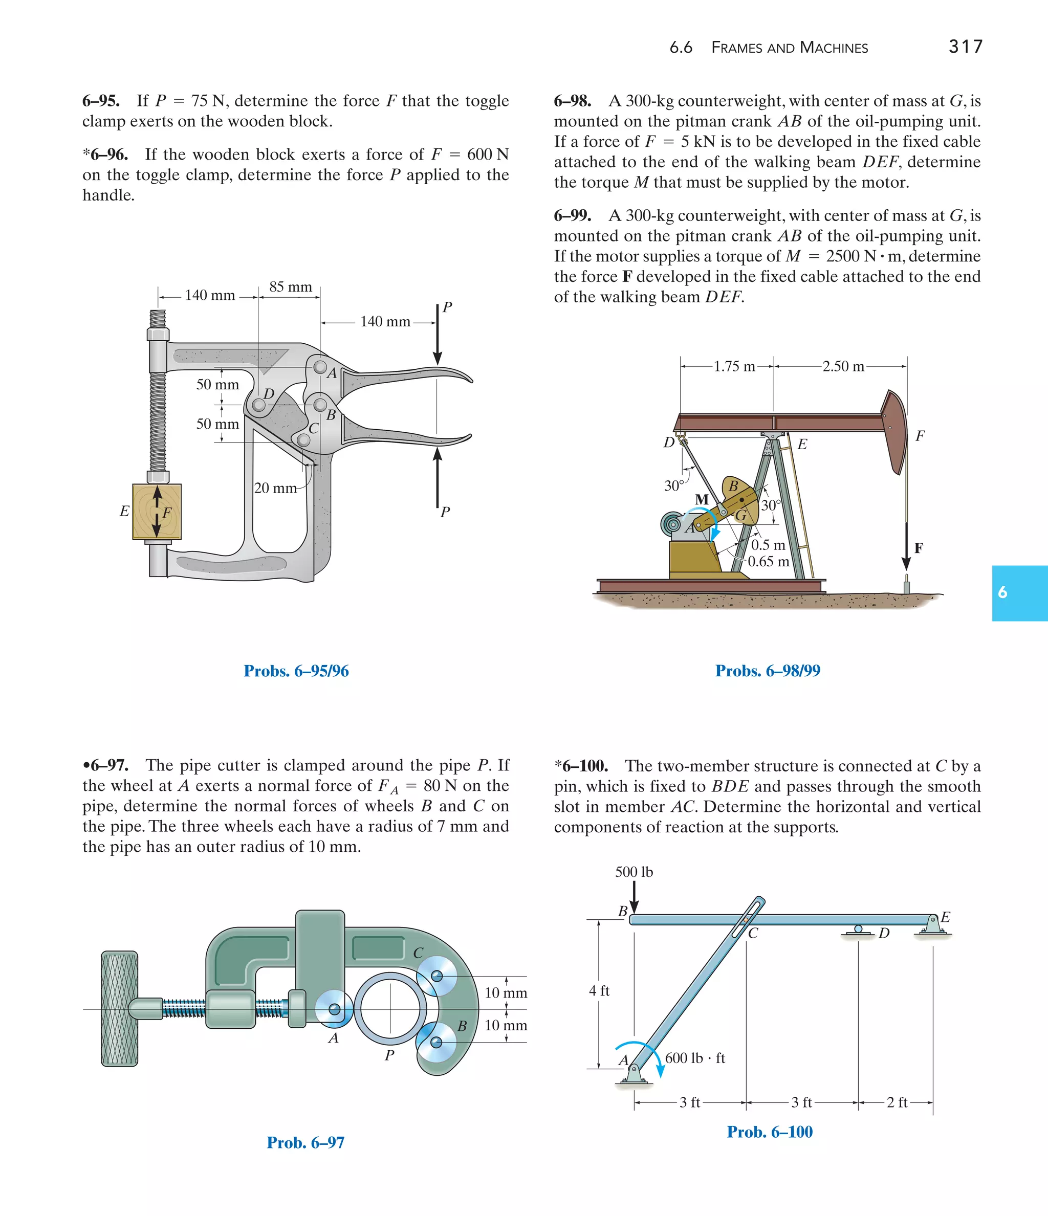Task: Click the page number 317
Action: [965, 47]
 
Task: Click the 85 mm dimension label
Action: [291, 287]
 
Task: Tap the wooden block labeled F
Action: [157, 511]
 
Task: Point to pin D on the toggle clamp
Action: [259, 404]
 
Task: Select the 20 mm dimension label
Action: [275, 488]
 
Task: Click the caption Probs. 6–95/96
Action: [296, 671]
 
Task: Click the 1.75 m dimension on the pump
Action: [734, 367]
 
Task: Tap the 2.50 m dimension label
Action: [843, 367]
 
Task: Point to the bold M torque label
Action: [702, 499]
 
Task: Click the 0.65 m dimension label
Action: [768, 562]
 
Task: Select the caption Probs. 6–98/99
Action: [768, 671]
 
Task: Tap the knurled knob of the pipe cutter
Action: [120, 1008]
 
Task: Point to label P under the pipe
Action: [389, 1055]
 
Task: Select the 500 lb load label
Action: [634, 872]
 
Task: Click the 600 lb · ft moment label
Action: [695, 1058]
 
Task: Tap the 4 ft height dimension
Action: [599, 990]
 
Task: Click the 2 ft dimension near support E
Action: [897, 1103]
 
